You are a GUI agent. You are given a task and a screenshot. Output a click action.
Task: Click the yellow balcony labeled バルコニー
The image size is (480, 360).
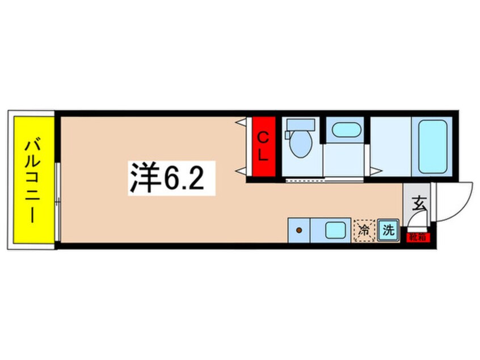pyautogui.click(x=33, y=180)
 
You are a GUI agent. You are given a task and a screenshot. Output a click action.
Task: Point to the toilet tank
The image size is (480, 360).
pyautogui.click(x=301, y=124)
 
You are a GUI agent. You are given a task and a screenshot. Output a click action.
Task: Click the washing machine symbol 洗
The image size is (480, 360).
pyautogui.click(x=389, y=230)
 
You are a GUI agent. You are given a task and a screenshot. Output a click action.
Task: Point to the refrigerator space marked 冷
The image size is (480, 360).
pyautogui.click(x=365, y=230)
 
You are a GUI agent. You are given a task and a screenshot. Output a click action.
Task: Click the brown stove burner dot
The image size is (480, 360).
pyautogui.click(x=299, y=230)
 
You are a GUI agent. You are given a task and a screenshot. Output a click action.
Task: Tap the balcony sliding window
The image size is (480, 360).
pyautogui.click(x=57, y=202)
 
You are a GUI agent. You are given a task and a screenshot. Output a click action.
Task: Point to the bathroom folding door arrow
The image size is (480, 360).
pyautogui.click(x=376, y=171)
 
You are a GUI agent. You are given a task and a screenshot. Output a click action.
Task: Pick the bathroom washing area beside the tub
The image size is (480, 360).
pyautogui.click(x=391, y=146)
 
